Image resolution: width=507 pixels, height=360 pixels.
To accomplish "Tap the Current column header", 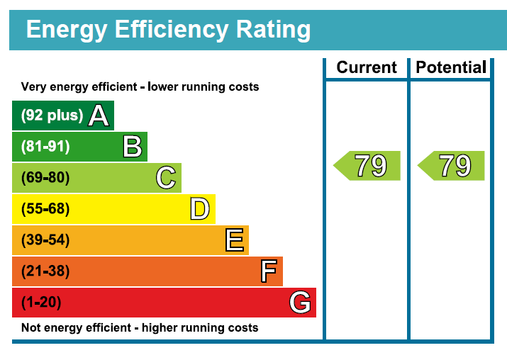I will [367, 68].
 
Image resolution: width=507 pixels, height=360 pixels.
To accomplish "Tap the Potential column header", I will [451, 68].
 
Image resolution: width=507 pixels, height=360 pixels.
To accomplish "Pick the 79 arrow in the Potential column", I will [452, 166].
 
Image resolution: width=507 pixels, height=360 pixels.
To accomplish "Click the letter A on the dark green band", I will [99, 116].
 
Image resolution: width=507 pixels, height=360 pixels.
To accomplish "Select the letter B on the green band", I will [133, 147].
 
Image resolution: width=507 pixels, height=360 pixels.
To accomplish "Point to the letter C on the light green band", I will [166, 178].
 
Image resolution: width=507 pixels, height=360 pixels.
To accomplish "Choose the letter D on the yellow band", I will [200, 209].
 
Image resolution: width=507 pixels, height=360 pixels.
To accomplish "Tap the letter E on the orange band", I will [235, 240].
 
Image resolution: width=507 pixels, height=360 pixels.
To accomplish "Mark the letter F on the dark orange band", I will [268, 271].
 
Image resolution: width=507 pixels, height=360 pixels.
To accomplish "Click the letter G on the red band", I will [300, 303].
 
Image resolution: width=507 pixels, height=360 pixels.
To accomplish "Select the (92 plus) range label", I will [52, 116].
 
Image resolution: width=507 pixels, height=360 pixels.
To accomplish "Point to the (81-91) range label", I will [45, 147].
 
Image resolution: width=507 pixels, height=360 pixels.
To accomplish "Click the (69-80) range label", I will [45, 178].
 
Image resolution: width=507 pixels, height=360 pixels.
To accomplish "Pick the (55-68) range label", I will [45, 209].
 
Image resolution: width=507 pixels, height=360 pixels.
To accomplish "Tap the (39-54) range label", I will [45, 240].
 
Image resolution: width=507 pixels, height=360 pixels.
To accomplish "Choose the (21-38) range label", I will [45, 271].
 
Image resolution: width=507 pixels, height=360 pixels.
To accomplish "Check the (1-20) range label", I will [41, 303].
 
